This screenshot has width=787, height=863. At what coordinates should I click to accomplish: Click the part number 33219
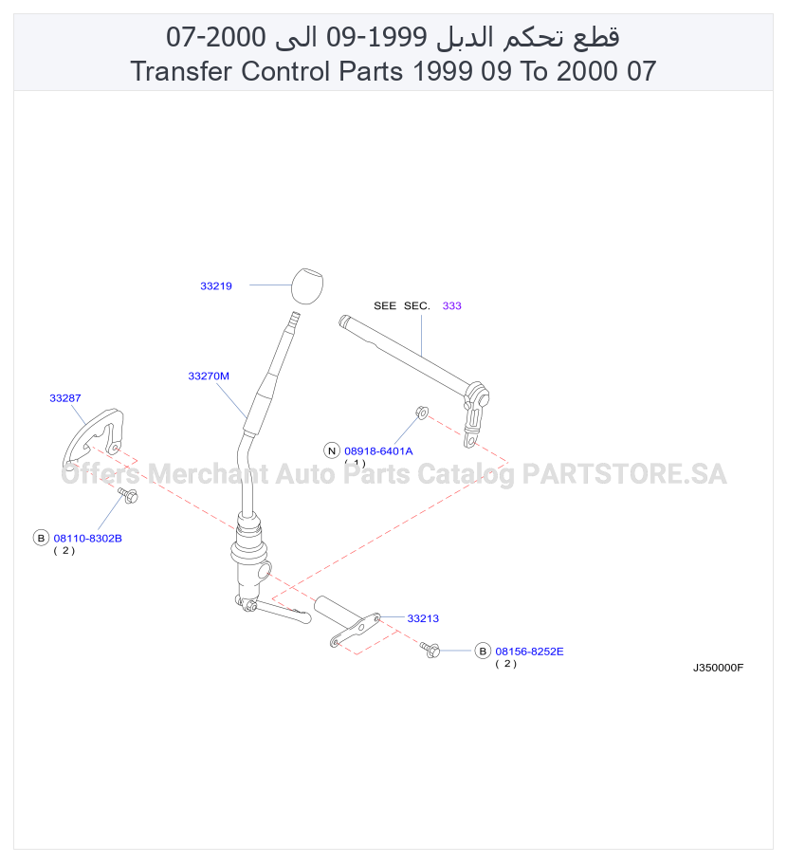pos(216,286)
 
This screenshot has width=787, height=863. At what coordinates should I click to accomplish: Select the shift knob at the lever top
pos(306,285)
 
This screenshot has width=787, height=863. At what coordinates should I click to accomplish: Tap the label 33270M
pos(209,376)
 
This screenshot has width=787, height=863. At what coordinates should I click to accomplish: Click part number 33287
pos(64,398)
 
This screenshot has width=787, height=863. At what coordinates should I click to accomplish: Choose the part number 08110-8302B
pos(87,539)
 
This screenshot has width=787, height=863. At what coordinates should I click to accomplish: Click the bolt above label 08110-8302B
pos(128,495)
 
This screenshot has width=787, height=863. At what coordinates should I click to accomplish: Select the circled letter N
pos(332,450)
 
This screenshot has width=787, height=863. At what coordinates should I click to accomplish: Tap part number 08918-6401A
pos(378,451)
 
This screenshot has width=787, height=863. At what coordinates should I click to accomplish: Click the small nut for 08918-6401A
pos(422,412)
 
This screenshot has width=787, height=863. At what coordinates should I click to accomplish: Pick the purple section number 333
pos(452,306)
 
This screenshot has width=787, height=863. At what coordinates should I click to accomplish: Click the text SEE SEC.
pos(402,306)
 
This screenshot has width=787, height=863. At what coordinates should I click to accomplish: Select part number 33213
pos(423,618)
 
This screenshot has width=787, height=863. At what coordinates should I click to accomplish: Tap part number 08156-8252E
pos(529,652)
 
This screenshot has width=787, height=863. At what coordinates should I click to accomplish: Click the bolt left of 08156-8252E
pos(430,650)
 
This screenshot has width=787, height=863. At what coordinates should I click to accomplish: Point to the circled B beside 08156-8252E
pos(483,652)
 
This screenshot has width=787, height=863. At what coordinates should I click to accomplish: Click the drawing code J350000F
pos(718,668)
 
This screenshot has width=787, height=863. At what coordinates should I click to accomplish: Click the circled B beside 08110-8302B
pos(41,538)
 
